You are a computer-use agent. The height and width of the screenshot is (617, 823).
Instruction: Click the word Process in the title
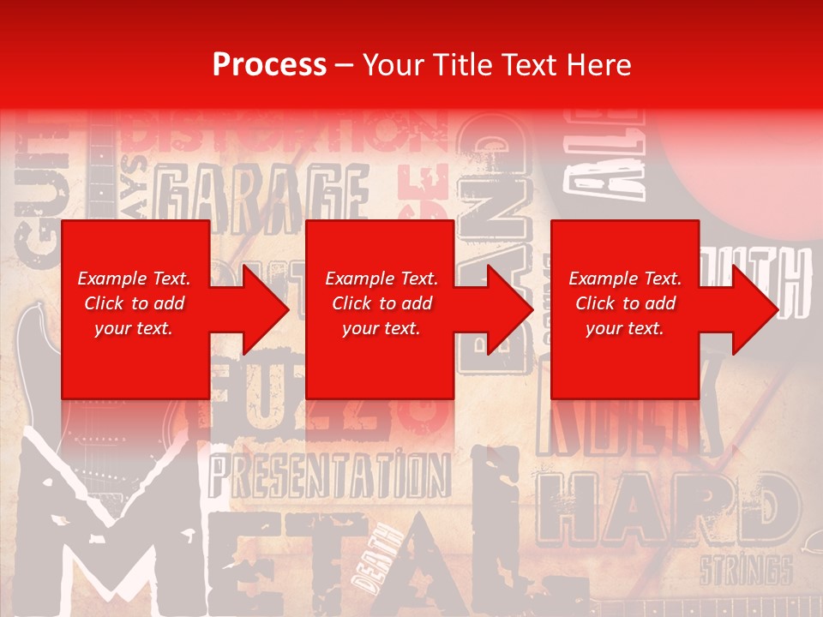pyautogui.click(x=269, y=65)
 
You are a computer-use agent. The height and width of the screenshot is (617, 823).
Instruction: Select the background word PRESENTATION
pyautogui.click(x=330, y=476)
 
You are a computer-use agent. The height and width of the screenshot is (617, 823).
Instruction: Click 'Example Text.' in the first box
pyautogui.click(x=135, y=279)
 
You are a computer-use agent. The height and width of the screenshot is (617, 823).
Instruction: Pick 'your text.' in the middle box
pyautogui.click(x=380, y=328)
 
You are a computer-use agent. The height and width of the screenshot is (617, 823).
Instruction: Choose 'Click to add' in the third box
pyautogui.click(x=624, y=303)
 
